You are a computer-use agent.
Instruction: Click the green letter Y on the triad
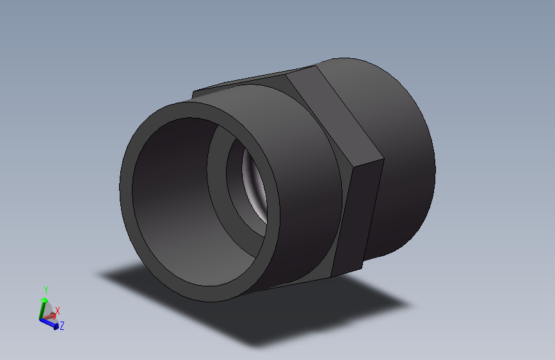[x=45, y=290]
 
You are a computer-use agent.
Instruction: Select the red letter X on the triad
[x=57, y=311]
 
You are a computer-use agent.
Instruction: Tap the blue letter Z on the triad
[x=62, y=326]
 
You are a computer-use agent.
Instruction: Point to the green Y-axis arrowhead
[x=44, y=299]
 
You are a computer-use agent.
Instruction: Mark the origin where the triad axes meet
[x=43, y=318]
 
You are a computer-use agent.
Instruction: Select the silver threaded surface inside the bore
[x=253, y=186]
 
